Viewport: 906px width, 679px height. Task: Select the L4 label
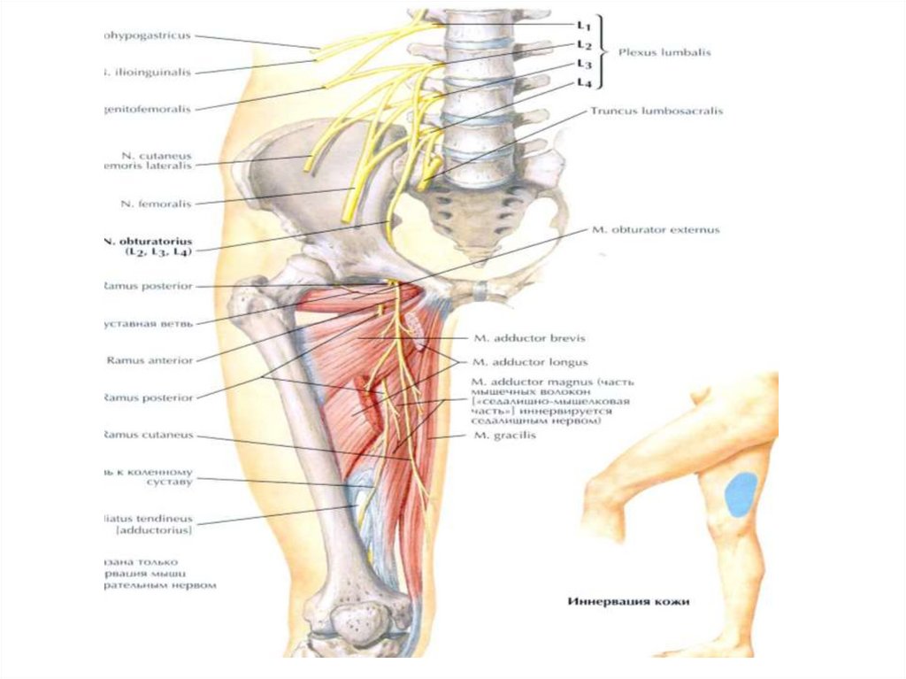pos(583,82)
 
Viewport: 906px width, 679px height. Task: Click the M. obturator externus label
pos(654,229)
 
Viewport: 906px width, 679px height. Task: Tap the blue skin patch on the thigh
pos(741,494)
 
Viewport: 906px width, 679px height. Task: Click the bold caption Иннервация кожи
pos(627,602)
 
